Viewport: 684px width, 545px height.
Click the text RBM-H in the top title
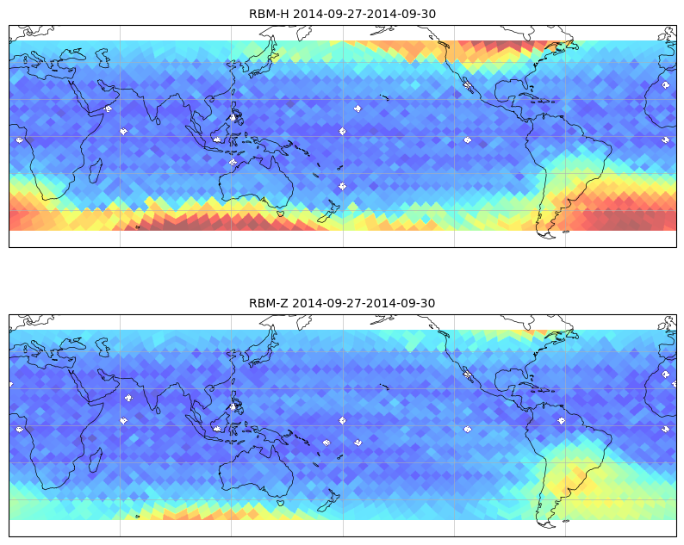pos(269,14)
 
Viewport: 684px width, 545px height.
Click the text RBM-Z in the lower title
pos(269,303)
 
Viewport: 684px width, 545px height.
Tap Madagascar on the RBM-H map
pos(96,170)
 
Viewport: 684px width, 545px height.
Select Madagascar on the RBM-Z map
pos(96,460)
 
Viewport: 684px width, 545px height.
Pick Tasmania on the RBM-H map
pos(281,214)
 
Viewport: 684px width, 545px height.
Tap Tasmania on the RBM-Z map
pos(281,503)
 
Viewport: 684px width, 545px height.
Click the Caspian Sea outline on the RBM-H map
pos(103,58)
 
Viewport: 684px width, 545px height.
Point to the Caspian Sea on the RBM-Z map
pos(103,347)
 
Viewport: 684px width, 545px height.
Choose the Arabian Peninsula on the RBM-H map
pos(96,95)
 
